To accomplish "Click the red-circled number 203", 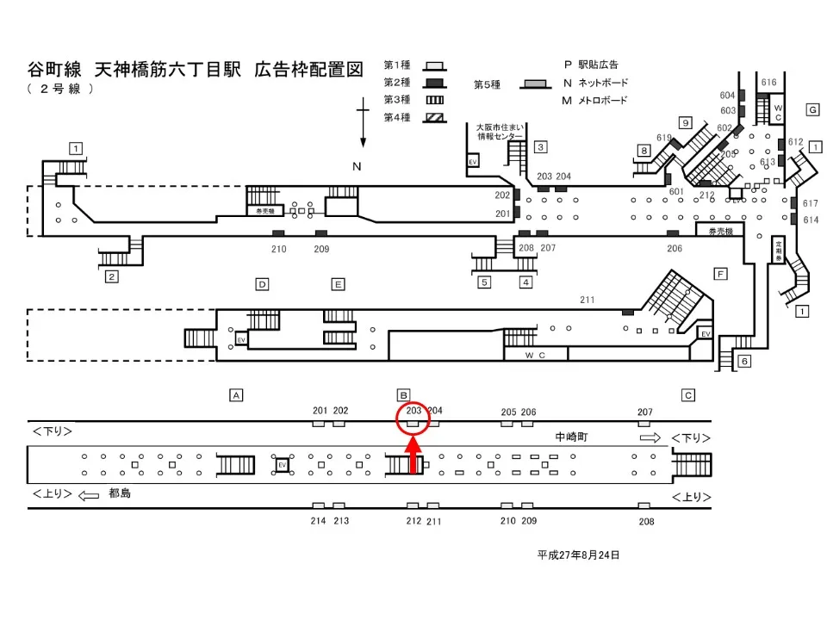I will [x=413, y=411].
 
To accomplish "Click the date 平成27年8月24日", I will [x=579, y=555].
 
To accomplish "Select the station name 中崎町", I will [x=571, y=437].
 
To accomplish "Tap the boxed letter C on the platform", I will [x=687, y=394].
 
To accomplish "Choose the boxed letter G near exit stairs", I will [x=811, y=109].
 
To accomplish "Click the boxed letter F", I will [x=720, y=274].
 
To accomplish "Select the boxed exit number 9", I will [x=686, y=122].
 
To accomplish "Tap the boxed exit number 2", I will [x=111, y=276].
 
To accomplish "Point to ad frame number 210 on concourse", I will [x=278, y=249].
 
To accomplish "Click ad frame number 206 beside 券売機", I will [x=675, y=248].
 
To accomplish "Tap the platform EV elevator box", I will [x=281, y=465].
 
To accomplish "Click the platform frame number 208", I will [x=647, y=521].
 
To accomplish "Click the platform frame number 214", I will [x=318, y=521].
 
